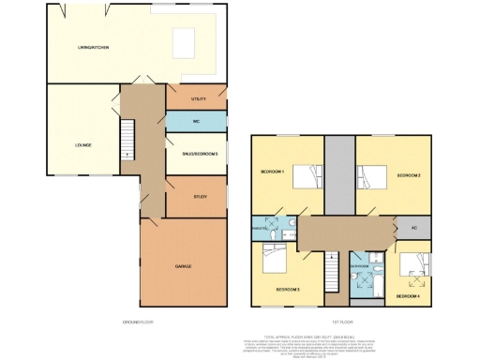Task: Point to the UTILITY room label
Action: coord(197,97)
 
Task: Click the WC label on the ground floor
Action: coord(197,122)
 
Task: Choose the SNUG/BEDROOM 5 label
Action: coord(200,153)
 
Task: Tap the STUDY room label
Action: coord(199,196)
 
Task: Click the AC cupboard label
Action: coord(413,228)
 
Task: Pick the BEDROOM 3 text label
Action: coord(289,290)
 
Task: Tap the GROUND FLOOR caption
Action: coord(137,322)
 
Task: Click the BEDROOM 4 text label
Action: coord(408,296)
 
